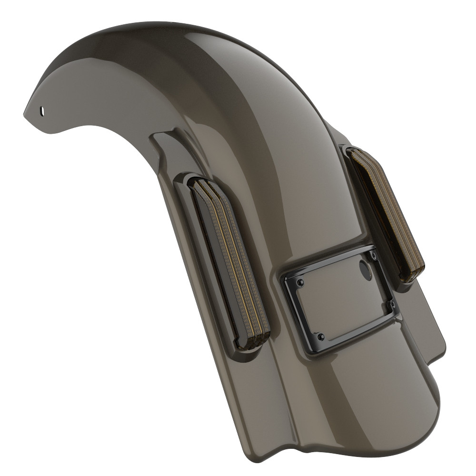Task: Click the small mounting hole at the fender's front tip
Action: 43,110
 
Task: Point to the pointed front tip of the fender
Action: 25,113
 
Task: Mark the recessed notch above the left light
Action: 164,143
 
